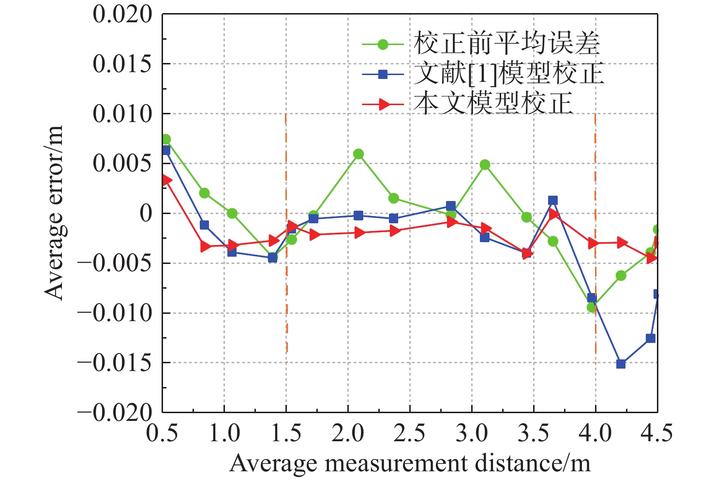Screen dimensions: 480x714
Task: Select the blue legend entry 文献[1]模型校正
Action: [508, 74]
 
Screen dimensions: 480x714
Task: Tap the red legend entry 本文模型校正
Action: [493, 104]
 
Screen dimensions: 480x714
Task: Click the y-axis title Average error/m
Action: [54, 213]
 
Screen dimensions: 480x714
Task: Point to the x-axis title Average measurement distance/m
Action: [410, 463]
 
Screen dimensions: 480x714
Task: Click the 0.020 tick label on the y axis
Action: [122, 15]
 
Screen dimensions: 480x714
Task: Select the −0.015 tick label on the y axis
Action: [115, 363]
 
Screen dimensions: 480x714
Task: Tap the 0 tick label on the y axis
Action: [145, 214]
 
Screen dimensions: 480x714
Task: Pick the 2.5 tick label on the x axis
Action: [410, 433]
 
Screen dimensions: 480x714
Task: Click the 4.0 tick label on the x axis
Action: [595, 433]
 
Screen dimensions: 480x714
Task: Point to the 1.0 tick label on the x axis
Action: [224, 433]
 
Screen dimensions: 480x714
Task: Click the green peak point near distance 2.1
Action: [358, 154]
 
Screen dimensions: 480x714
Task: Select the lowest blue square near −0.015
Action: [621, 364]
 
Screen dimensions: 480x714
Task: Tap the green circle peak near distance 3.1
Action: [485, 165]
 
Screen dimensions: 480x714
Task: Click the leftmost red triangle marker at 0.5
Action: [166, 180]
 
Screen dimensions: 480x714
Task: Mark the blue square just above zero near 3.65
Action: [553, 201]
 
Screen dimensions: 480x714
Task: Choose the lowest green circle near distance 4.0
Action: [592, 307]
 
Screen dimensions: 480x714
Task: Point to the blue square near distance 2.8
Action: [451, 206]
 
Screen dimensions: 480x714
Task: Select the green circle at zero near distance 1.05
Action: [232, 213]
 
